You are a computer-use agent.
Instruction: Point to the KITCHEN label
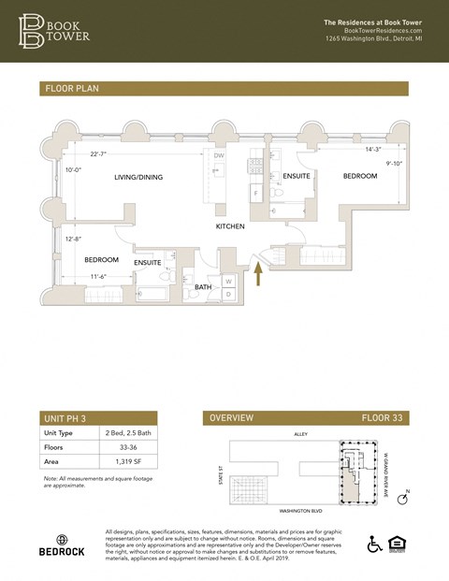tap(230, 226)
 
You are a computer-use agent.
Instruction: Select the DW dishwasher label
tap(218, 155)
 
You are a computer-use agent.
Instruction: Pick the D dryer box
tap(228, 294)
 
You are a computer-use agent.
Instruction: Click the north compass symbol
tap(403, 499)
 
